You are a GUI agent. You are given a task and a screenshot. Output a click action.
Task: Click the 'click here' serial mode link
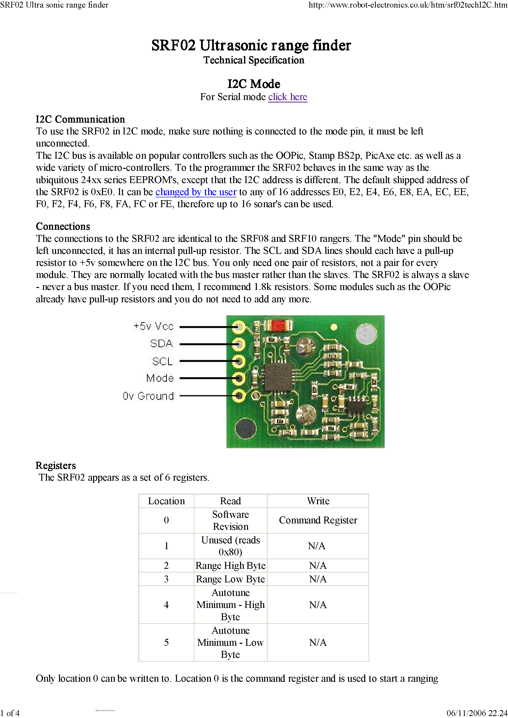(x=288, y=97)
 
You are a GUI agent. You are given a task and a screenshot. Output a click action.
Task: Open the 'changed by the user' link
(x=196, y=192)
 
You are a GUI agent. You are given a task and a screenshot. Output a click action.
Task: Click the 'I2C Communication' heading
(x=80, y=119)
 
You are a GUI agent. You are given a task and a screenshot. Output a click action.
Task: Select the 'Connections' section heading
(x=63, y=226)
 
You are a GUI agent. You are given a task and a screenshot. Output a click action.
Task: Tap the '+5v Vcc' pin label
(x=153, y=326)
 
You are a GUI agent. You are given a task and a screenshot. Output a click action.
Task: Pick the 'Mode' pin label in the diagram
(x=160, y=378)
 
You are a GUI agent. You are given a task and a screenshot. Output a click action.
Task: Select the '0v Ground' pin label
(x=148, y=396)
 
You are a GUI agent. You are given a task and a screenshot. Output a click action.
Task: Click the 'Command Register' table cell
(x=318, y=520)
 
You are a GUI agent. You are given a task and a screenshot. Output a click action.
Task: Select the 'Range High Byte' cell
(x=231, y=565)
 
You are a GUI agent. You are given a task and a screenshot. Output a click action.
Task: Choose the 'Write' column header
(x=318, y=501)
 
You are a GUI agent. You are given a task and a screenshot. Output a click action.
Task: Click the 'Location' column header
(x=166, y=501)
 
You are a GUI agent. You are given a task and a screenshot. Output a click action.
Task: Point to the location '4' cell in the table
(x=166, y=604)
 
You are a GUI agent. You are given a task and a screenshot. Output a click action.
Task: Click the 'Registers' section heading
(x=56, y=465)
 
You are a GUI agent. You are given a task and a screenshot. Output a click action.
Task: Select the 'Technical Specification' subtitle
(x=254, y=60)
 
